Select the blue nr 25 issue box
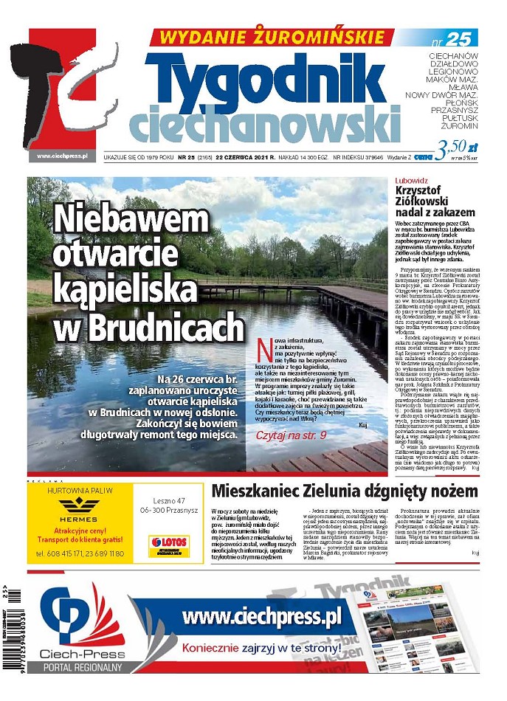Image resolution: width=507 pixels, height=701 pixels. coord(455,38)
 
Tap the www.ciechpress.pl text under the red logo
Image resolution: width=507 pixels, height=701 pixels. coord(63,156)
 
